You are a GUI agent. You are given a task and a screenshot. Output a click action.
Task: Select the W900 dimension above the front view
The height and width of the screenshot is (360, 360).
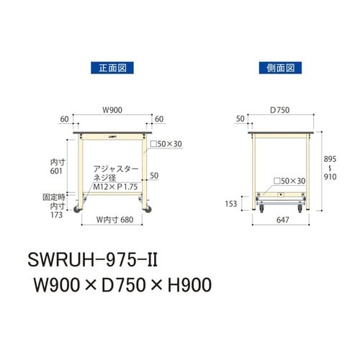pyautogui.click(x=112, y=110)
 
